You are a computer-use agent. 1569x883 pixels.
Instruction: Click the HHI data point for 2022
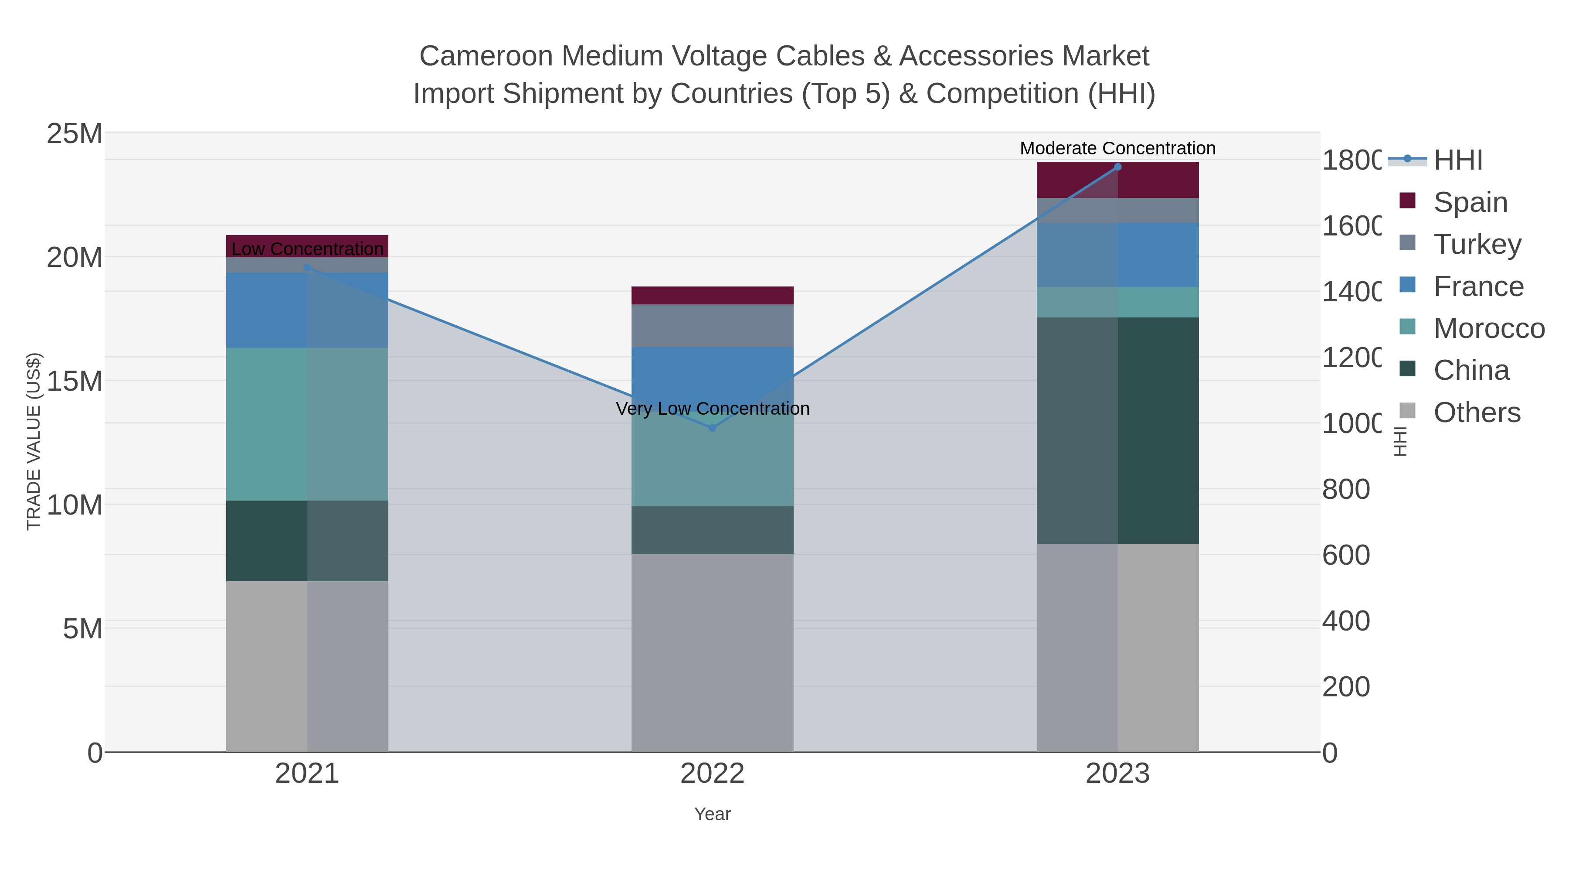click(x=713, y=428)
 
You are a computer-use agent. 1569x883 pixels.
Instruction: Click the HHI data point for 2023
click(x=1117, y=167)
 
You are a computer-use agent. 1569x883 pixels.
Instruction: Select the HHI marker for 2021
click(x=307, y=268)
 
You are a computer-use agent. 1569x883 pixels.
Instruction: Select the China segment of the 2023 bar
click(x=1117, y=430)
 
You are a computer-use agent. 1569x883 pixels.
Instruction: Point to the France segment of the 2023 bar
click(x=1117, y=255)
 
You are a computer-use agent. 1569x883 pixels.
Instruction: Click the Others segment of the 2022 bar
click(x=713, y=652)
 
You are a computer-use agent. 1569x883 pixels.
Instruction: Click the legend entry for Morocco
click(x=1489, y=328)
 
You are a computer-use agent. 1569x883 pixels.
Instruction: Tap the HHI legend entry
click(x=1457, y=160)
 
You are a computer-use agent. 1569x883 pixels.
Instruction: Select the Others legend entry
click(x=1477, y=413)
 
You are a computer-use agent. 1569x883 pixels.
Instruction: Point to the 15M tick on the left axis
click(x=74, y=382)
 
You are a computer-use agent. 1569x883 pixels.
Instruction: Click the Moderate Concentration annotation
click(x=1117, y=148)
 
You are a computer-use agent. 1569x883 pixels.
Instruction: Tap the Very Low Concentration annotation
click(x=713, y=408)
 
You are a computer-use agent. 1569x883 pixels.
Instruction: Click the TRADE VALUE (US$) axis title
click(x=34, y=441)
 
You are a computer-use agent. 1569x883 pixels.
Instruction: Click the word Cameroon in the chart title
click(x=486, y=56)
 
